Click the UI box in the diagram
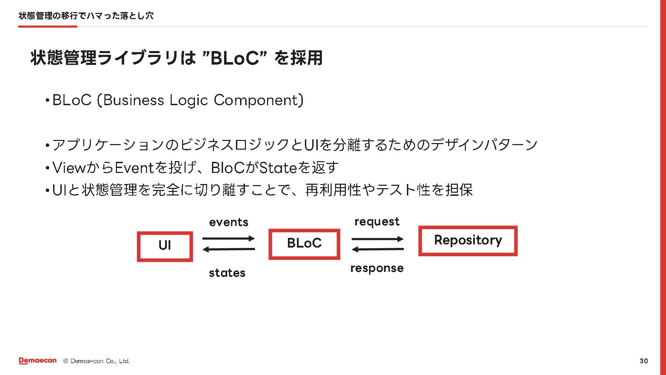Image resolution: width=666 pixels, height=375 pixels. tap(165, 246)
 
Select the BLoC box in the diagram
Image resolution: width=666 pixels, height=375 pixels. tap(304, 244)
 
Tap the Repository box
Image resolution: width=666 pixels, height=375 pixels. tap(468, 241)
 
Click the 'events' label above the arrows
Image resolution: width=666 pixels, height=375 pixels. tap(229, 222)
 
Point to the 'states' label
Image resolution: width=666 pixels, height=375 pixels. tap(227, 273)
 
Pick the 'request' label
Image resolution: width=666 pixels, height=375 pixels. tap(377, 222)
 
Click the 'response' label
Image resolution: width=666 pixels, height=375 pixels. tap(377, 268)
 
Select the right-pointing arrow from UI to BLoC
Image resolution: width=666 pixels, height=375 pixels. tap(229, 239)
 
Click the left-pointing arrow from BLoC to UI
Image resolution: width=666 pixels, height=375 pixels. tap(229, 249)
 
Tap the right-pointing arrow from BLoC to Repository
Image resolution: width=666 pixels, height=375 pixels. tap(377, 239)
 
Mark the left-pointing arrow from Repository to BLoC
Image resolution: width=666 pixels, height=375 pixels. tap(377, 249)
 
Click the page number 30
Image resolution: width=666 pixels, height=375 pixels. tap(643, 361)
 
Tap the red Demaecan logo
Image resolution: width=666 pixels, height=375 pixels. tap(37, 361)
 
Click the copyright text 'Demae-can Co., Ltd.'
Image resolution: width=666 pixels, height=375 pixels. tap(100, 361)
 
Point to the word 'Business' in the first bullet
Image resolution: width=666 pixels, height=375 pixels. tap(134, 100)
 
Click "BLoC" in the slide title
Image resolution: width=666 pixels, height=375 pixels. tap(234, 58)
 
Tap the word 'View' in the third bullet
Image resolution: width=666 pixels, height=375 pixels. tap(69, 168)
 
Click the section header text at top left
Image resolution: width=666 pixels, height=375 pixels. tap(86, 16)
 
